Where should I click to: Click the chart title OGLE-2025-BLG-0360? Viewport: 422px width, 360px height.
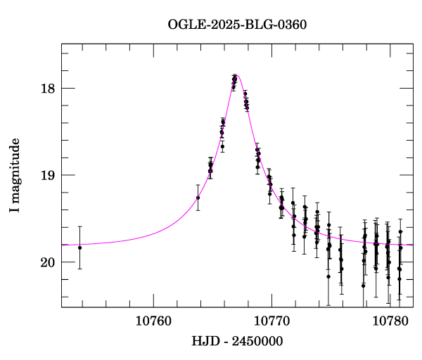coord(237,24)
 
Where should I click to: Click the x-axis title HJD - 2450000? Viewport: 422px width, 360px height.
coord(237,342)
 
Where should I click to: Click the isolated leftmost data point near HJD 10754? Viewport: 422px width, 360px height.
coord(80,247)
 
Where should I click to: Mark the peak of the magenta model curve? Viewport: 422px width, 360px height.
coord(237,75)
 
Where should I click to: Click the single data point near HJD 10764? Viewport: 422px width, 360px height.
coord(198,198)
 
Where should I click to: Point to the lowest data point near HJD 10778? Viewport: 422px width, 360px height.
coord(364,285)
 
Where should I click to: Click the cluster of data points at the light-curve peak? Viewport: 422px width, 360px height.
coord(234,82)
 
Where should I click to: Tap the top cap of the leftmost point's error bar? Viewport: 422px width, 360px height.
coord(80,226)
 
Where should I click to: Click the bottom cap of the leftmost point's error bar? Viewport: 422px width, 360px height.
coord(80,269)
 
